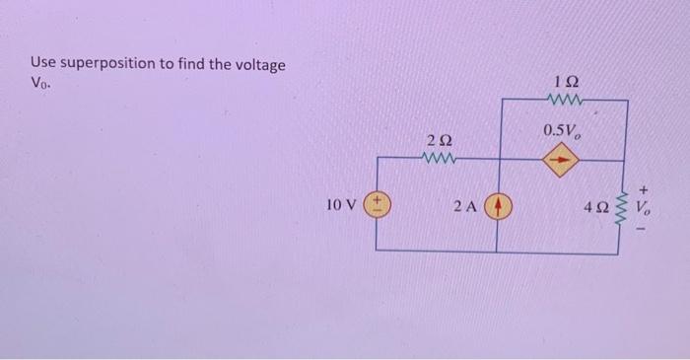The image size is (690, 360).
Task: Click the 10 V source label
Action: [x=340, y=206]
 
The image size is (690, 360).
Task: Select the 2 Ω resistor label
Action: [x=439, y=141]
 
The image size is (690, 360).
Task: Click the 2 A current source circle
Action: [x=498, y=207]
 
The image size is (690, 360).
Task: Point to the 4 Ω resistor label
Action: [x=595, y=208]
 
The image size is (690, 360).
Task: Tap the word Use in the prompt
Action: [x=45, y=64]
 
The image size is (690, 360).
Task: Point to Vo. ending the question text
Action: [x=41, y=84]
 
